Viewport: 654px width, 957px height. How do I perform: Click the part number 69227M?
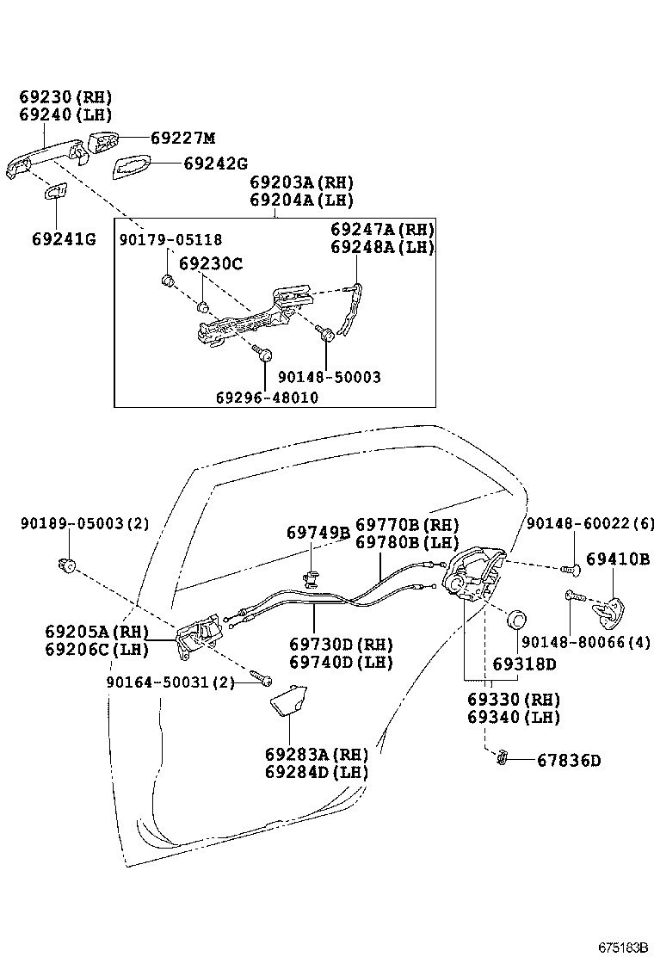coord(182,138)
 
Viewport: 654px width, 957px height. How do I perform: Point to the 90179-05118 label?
coord(170,240)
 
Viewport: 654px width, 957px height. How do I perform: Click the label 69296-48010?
coord(266,397)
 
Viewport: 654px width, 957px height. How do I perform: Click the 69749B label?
coord(318,534)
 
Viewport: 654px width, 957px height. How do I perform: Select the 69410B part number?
coord(618,559)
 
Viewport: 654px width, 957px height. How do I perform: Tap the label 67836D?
coord(568,761)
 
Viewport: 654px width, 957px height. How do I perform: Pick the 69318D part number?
coord(524,664)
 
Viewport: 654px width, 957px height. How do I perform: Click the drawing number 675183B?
coord(623,947)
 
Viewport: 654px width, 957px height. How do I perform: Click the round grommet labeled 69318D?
coord(517,621)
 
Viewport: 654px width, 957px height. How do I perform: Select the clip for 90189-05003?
coord(65,565)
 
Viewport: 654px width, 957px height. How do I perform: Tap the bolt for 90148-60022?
coord(567,568)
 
